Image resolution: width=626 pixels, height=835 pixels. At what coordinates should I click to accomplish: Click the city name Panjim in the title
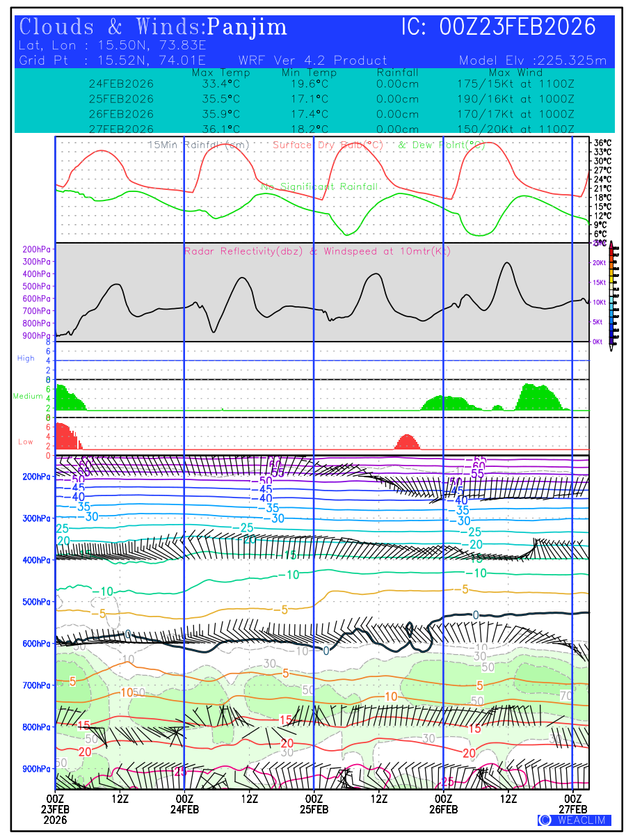tap(247, 27)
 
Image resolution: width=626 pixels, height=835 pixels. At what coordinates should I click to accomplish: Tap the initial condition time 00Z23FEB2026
tap(517, 27)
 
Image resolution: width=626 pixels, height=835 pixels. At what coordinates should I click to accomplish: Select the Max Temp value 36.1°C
tap(216, 129)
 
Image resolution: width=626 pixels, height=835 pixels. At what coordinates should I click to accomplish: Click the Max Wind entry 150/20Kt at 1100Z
tap(511, 129)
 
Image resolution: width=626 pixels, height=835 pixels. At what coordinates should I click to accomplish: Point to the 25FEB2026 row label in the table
tap(121, 99)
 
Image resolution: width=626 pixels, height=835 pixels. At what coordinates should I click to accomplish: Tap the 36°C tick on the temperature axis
tap(602, 143)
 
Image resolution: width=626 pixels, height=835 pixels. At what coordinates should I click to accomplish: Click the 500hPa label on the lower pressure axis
tap(38, 602)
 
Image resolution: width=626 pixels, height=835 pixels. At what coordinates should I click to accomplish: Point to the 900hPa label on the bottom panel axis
tap(38, 769)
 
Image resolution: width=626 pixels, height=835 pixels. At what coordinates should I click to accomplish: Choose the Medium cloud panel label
tap(28, 397)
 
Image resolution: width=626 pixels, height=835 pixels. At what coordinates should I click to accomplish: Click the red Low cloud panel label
tap(25, 442)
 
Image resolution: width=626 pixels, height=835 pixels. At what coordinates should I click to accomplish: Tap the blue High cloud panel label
tap(26, 358)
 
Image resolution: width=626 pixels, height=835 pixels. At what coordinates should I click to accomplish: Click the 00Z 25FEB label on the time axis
tap(314, 804)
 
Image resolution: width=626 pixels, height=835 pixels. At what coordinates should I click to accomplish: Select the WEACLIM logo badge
tap(574, 820)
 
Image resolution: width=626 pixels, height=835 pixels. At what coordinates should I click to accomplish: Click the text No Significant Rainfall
tap(319, 187)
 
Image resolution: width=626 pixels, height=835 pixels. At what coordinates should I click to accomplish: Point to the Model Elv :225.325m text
tap(533, 61)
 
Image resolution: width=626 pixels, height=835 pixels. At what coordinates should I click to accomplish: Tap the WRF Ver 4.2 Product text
tap(312, 61)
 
